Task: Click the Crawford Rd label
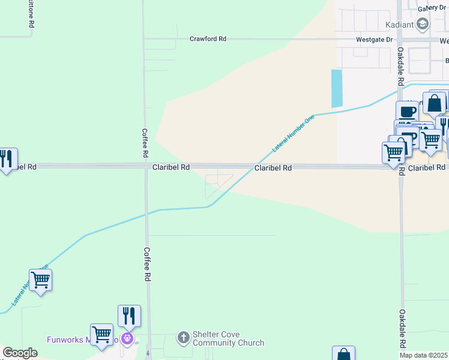[x=208, y=39]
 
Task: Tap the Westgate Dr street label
[x=375, y=40]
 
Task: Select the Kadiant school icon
[x=423, y=24]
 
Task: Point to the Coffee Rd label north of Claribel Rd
[x=145, y=143]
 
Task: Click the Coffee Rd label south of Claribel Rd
[x=146, y=264]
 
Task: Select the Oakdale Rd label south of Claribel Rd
[x=402, y=329]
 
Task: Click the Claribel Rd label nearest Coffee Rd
[x=171, y=167]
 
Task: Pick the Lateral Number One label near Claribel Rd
[x=293, y=133]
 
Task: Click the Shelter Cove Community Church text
[x=228, y=339]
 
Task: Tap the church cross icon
[x=184, y=338]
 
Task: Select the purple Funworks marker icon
[x=127, y=339]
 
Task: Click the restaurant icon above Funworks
[x=129, y=315]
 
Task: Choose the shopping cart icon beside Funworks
[x=101, y=334]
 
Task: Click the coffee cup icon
[x=407, y=112]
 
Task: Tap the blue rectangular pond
[x=337, y=89]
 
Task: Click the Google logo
[x=20, y=353]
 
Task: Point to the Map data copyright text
[x=423, y=355]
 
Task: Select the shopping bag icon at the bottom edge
[x=343, y=355]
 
